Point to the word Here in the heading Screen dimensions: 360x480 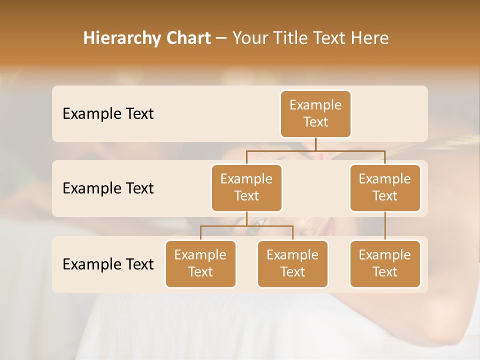369,38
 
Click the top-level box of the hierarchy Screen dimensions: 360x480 315,114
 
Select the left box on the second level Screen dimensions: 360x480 246,188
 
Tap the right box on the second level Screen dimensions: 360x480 385,188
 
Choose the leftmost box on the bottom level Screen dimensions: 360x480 200,264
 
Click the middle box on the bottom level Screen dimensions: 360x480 292,264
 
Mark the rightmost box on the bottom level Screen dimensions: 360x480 385,264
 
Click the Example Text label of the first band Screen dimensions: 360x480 108,114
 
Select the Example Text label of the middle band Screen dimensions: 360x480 108,188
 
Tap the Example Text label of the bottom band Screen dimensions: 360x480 108,264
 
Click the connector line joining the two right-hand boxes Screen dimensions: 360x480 385,226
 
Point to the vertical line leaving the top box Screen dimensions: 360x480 315,144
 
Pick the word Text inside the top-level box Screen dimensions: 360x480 315,122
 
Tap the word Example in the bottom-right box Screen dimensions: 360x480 385,255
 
